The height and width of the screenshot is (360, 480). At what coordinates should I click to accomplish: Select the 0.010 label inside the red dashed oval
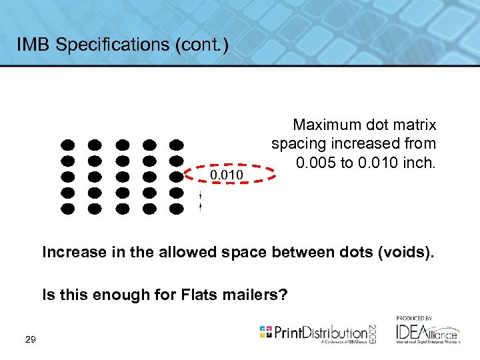[227, 175]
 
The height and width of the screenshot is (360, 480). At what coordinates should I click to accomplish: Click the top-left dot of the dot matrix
[67, 145]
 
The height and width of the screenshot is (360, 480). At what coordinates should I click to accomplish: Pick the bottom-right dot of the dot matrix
[176, 209]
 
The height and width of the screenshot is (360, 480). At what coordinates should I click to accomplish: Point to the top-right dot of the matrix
[176, 145]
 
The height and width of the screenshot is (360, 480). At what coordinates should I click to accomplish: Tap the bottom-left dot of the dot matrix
[67, 209]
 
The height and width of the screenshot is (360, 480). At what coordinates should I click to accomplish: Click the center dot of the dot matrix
[122, 177]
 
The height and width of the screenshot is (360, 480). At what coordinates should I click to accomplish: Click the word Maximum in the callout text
[327, 125]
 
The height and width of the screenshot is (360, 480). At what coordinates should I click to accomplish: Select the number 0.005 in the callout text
[316, 162]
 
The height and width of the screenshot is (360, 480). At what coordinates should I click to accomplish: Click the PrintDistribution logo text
[319, 332]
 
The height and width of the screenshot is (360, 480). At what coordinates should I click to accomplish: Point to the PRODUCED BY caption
[414, 318]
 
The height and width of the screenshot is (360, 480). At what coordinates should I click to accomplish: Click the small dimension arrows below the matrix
[201, 201]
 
